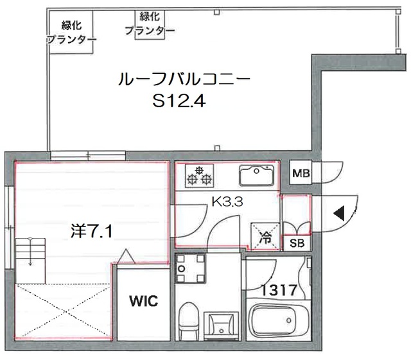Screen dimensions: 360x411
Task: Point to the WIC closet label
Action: click(142, 301)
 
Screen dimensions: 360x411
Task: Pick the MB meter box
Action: click(301, 173)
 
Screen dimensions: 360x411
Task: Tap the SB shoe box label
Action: click(297, 243)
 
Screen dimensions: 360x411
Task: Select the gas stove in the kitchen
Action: click(198, 173)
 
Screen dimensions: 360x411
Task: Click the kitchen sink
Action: click(256, 173)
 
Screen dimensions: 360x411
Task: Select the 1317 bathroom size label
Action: click(278, 290)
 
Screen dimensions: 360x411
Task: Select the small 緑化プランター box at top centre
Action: click(150, 24)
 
